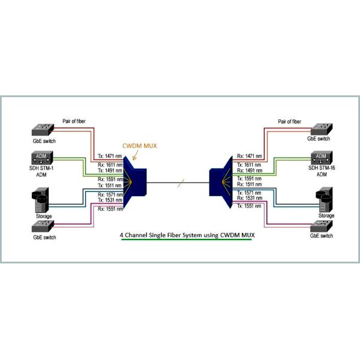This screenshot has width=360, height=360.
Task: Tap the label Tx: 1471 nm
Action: [x=110, y=155]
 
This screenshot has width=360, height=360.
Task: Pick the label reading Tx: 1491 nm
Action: [x=110, y=170]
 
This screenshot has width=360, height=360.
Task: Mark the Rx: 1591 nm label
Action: [x=110, y=178]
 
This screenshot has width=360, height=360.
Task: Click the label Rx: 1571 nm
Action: [x=110, y=194]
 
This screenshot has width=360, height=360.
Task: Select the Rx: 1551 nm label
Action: [x=110, y=208]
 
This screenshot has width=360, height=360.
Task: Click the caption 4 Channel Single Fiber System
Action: [x=185, y=236]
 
